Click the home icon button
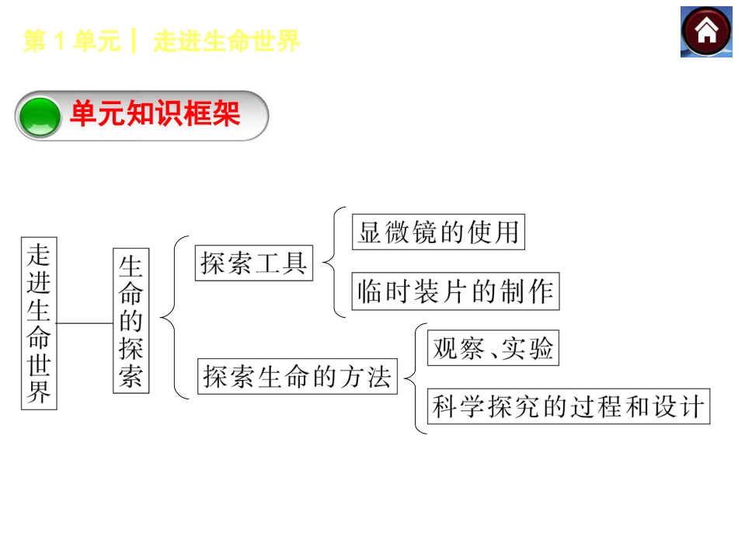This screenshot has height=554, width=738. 706,31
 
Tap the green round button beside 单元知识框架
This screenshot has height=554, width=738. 40,117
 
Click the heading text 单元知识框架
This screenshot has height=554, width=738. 155,115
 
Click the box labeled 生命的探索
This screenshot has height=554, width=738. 131,321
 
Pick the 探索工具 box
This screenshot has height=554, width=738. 253,263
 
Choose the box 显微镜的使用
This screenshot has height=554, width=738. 438,232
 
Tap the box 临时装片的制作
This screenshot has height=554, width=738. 455,291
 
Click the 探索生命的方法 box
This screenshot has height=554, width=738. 297,376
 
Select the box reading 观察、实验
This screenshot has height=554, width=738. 493,347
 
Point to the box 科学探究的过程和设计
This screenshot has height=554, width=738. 569,406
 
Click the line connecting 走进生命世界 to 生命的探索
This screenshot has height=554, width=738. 85,322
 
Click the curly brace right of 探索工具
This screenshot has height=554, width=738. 331,263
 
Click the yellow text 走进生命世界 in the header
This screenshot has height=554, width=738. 227,42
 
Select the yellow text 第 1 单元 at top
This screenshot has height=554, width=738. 72,42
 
